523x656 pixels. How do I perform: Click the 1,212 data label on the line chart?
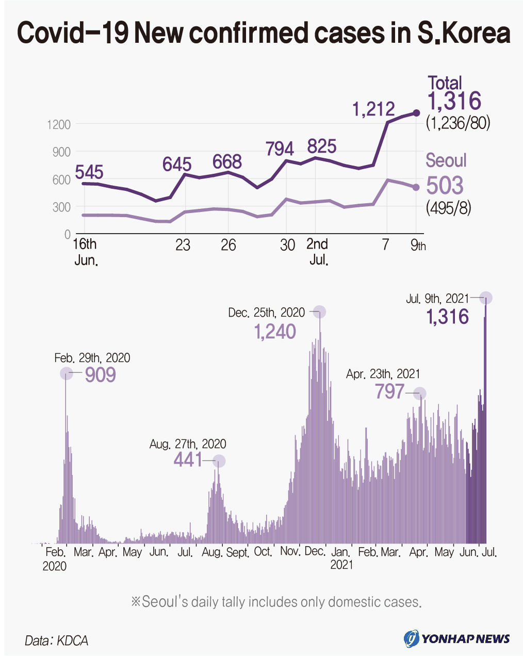click(x=373, y=109)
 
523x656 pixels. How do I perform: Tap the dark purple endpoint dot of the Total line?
click(x=417, y=113)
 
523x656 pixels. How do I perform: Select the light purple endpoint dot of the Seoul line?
click(x=416, y=187)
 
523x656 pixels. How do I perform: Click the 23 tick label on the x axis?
click(x=183, y=245)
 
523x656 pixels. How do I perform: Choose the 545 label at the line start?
click(x=89, y=172)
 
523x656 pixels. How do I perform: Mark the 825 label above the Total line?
click(x=322, y=146)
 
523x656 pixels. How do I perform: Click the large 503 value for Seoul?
click(x=445, y=186)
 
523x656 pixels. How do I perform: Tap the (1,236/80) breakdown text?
click(x=458, y=123)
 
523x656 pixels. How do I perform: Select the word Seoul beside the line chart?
click(x=446, y=160)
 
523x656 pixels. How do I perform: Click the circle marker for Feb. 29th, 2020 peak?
click(x=66, y=373)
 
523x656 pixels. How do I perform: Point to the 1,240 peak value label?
click(x=275, y=332)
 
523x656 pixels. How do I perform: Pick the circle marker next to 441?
click(x=219, y=461)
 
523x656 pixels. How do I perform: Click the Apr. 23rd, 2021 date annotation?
click(x=383, y=374)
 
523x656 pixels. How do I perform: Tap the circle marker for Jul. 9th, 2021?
click(x=486, y=298)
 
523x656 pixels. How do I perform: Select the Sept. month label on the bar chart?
click(x=237, y=552)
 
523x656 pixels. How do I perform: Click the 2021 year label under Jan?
click(x=341, y=565)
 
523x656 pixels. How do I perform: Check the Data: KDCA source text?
click(x=56, y=641)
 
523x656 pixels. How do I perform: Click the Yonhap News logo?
click(x=457, y=638)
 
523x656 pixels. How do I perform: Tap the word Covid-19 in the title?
click(x=72, y=34)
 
